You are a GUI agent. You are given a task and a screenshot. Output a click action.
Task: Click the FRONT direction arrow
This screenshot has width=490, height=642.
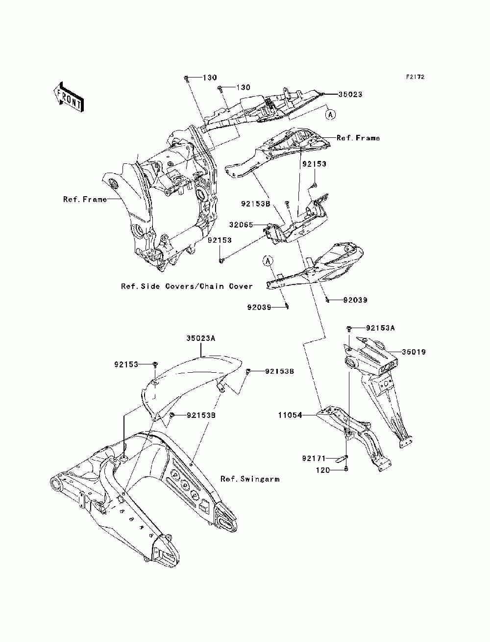click(68, 96)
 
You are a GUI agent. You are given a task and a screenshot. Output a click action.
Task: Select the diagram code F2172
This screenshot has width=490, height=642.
click(415, 77)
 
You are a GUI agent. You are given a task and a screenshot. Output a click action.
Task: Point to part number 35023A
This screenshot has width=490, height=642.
click(201, 338)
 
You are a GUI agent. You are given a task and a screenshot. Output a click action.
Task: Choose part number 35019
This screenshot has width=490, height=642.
click(414, 352)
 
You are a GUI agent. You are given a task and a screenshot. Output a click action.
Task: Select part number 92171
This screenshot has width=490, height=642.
click(314, 459)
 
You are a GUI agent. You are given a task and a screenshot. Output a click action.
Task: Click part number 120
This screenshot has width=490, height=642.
click(321, 470)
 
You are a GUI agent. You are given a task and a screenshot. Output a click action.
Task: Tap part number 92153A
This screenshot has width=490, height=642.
click(380, 328)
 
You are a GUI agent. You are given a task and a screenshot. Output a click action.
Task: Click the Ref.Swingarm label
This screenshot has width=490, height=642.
click(250, 479)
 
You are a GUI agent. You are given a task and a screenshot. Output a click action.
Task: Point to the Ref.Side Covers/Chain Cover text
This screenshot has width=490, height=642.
click(187, 286)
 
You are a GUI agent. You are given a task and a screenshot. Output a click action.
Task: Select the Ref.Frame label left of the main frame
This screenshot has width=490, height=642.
click(85, 199)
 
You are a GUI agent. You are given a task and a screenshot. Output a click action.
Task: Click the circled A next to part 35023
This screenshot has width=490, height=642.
click(331, 114)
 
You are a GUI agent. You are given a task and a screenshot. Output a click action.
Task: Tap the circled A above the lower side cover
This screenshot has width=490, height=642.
click(268, 260)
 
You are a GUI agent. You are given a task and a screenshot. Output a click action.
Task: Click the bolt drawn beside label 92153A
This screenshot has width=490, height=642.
click(350, 328)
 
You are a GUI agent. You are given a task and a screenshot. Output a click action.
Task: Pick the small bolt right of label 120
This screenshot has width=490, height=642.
click(346, 470)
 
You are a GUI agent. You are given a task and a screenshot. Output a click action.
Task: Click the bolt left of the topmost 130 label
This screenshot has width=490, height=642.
click(187, 78)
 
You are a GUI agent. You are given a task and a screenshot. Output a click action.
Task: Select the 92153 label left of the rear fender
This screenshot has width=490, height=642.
click(126, 364)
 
